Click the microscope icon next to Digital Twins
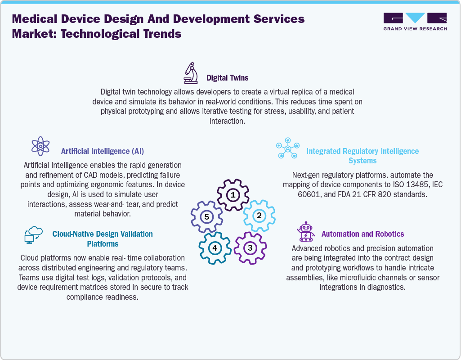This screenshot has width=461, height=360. (191, 73)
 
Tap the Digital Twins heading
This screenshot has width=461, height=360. (227, 78)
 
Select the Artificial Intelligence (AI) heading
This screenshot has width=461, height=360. (103, 151)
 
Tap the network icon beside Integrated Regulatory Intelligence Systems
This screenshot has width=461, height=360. (287, 149)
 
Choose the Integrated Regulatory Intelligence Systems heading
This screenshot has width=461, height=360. (362, 156)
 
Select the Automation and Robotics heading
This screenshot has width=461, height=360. (363, 234)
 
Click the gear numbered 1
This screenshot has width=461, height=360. (233, 195)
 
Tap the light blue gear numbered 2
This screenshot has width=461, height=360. (259, 216)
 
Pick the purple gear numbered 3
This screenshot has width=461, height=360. (250, 247)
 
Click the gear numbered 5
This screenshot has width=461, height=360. (206, 217)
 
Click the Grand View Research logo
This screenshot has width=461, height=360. (415, 22)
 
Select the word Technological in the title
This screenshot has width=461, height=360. (104, 34)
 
